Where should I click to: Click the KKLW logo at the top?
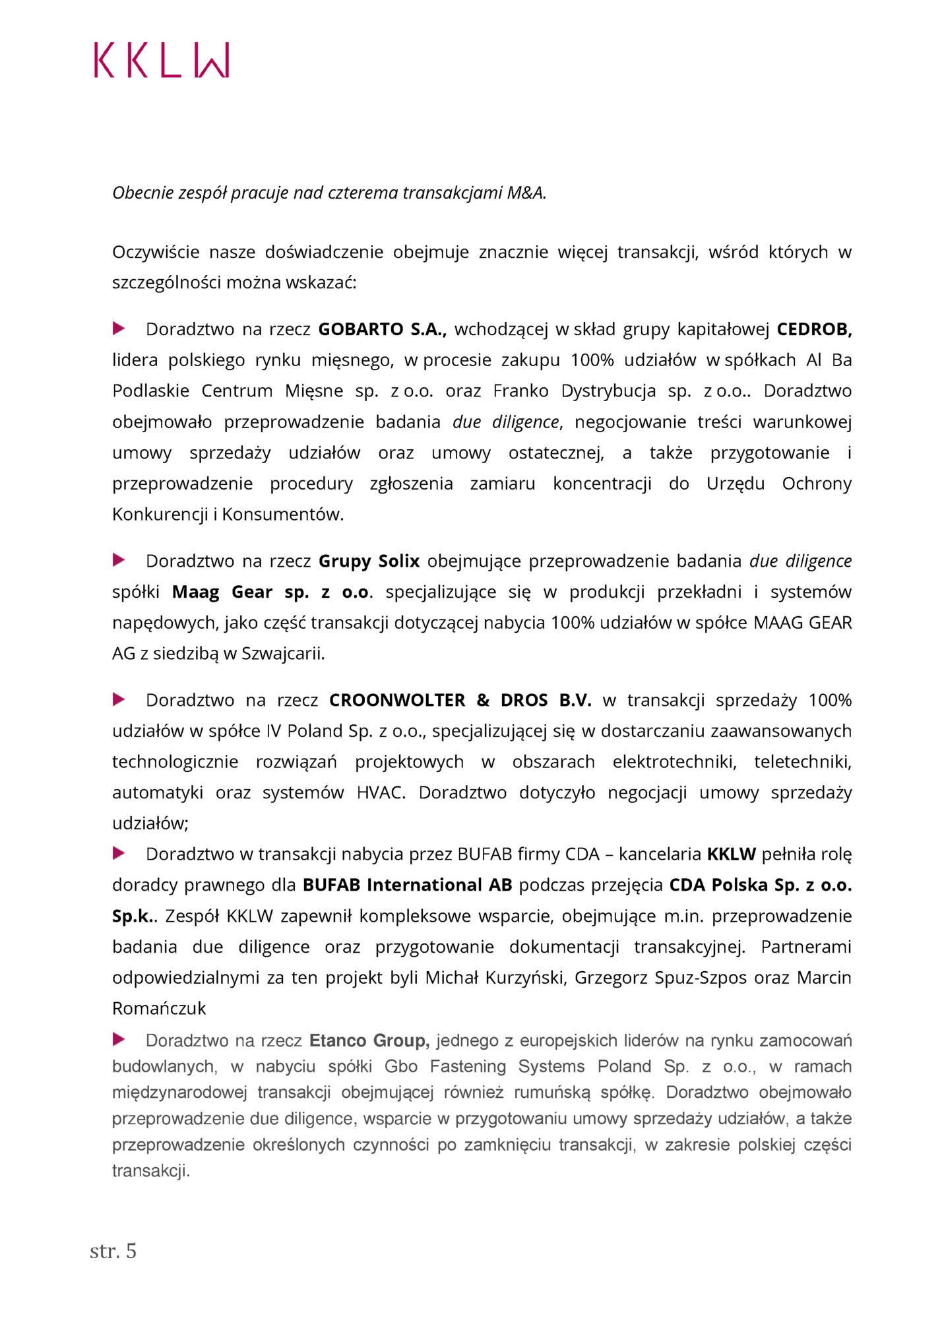162,61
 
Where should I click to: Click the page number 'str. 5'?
113,1250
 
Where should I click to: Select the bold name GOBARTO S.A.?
382,329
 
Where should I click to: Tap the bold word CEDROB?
814,329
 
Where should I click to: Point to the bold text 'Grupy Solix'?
369,561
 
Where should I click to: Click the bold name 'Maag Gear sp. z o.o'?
270,592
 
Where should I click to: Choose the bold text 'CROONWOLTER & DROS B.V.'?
460,700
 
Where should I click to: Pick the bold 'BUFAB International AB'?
407,885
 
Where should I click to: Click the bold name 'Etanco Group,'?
369,1040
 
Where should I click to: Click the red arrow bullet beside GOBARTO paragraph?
119,328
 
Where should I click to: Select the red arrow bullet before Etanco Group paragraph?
119,1039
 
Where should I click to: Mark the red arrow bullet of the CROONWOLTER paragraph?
119,699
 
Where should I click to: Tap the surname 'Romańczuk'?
159,1008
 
